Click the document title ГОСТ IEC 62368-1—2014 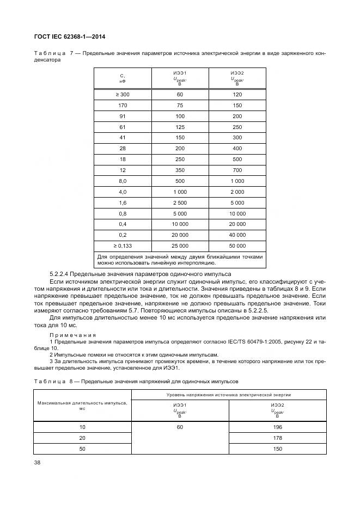[x=70, y=37]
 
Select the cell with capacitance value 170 [x=123, y=105]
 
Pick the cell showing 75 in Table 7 [x=180, y=105]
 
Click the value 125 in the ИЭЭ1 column [x=180, y=127]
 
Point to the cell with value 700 [x=237, y=170]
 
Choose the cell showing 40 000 [x=237, y=235]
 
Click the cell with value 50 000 [x=237, y=246]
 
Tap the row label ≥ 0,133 [x=123, y=246]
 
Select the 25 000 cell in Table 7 [x=180, y=246]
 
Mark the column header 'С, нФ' [x=123, y=78]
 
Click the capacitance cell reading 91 [x=123, y=116]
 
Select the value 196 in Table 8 [x=277, y=427]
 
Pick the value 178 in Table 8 [x=277, y=438]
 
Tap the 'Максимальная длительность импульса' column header [x=82, y=406]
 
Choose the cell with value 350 [x=180, y=170]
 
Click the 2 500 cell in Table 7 [x=180, y=203]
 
